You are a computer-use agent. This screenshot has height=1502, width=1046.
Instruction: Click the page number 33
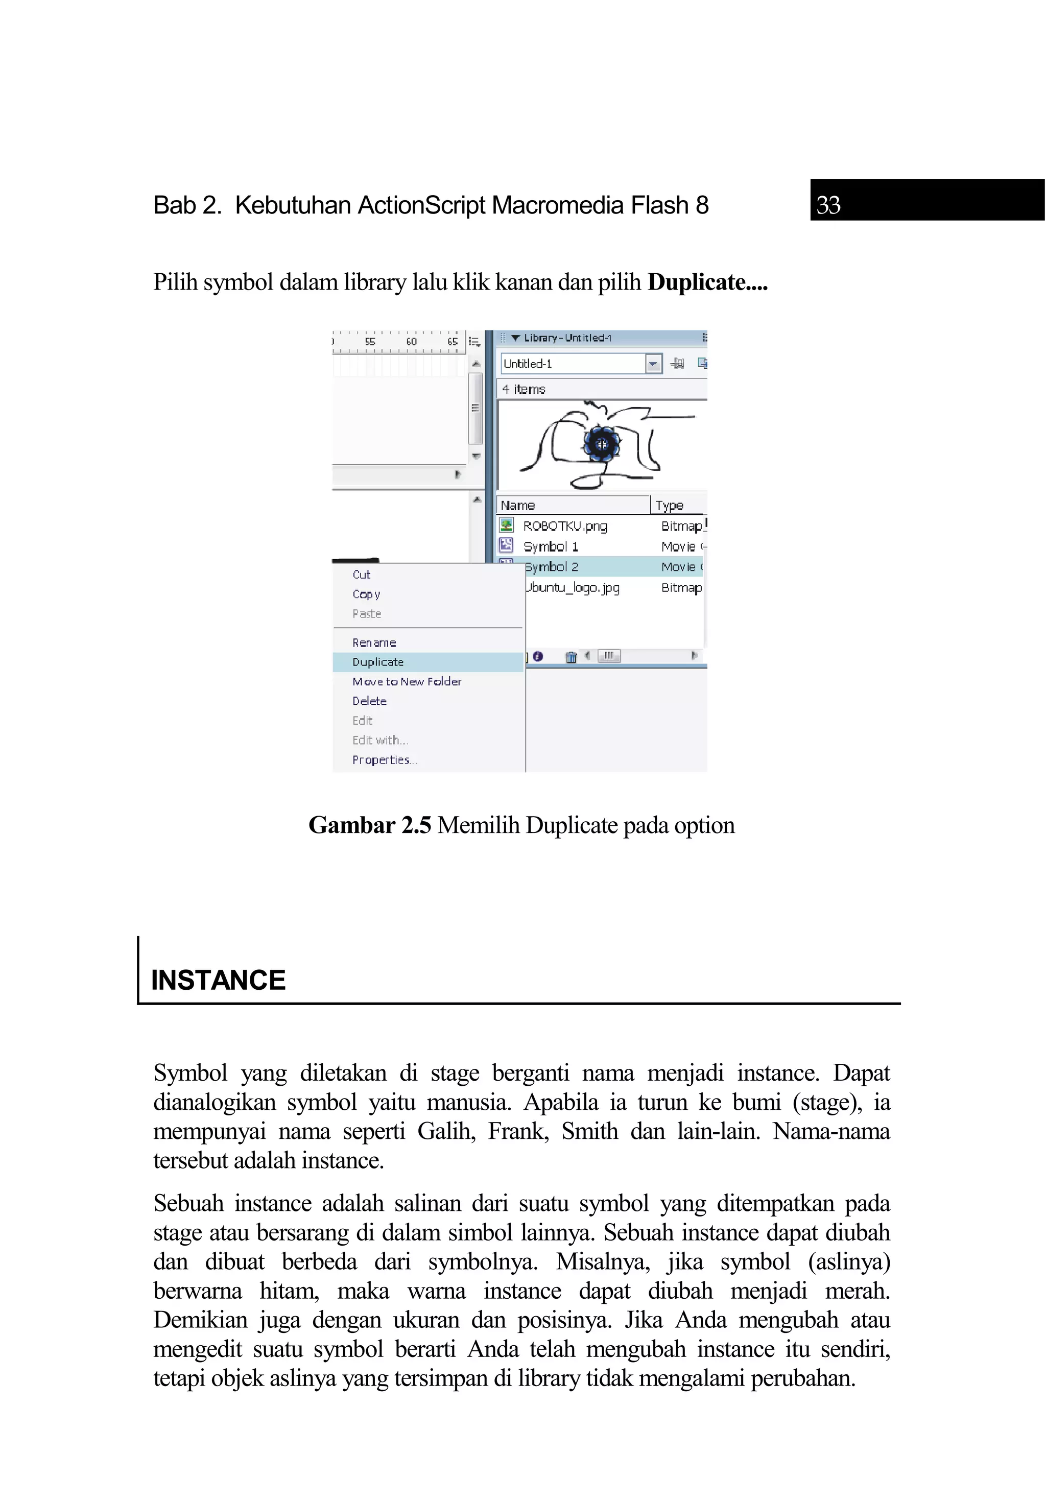827,205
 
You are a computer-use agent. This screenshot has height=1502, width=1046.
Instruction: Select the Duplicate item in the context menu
377,662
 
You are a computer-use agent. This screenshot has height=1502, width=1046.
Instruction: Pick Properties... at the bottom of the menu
384,760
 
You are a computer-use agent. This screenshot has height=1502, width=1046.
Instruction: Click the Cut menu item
361,575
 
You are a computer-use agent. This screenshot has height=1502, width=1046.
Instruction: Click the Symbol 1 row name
550,546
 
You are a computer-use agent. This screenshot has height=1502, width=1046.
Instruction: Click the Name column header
517,506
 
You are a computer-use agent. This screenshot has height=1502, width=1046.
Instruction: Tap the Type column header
669,506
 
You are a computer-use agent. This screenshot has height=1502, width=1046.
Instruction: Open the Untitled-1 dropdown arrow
653,364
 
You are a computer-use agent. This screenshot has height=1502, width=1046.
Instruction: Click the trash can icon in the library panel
570,657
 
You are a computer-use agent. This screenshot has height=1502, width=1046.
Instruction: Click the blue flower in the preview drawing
601,444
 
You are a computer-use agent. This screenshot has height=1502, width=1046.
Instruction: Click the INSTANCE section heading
218,980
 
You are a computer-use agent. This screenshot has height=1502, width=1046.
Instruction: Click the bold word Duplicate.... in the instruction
707,282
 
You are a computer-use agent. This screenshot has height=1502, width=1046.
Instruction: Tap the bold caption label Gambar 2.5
370,826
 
